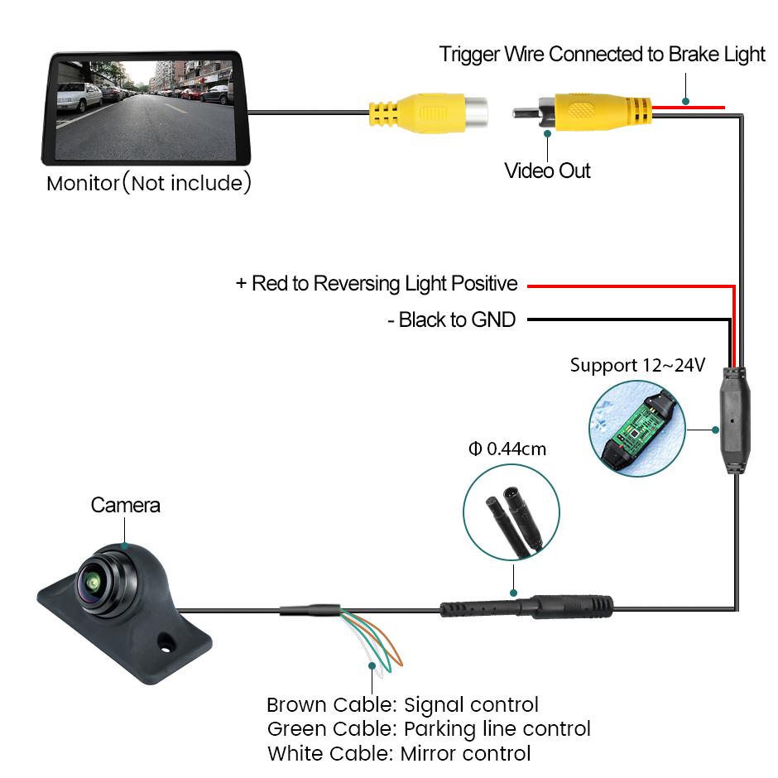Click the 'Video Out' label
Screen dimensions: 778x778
[x=547, y=170]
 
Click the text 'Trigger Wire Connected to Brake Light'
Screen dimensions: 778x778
[x=602, y=55]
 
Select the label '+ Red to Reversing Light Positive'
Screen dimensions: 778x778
[x=377, y=284]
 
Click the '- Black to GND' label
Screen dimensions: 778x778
[x=451, y=319]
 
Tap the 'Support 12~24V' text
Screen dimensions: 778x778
[x=637, y=365]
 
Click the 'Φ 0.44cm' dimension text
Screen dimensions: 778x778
[x=507, y=449]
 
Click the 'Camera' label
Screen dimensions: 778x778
[x=125, y=505]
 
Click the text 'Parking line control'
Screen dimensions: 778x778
[x=497, y=729]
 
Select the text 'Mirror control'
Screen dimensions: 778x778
[x=465, y=753]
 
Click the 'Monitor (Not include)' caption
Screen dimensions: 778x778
[x=148, y=183]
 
